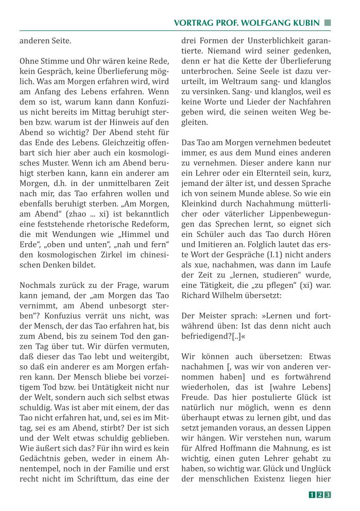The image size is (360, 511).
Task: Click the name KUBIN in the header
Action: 304,23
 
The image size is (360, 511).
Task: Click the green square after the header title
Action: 327,23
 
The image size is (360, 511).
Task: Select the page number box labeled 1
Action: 312,495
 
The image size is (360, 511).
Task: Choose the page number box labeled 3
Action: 327,495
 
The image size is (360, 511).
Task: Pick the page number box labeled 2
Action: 319,495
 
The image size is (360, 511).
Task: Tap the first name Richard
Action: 196,296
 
